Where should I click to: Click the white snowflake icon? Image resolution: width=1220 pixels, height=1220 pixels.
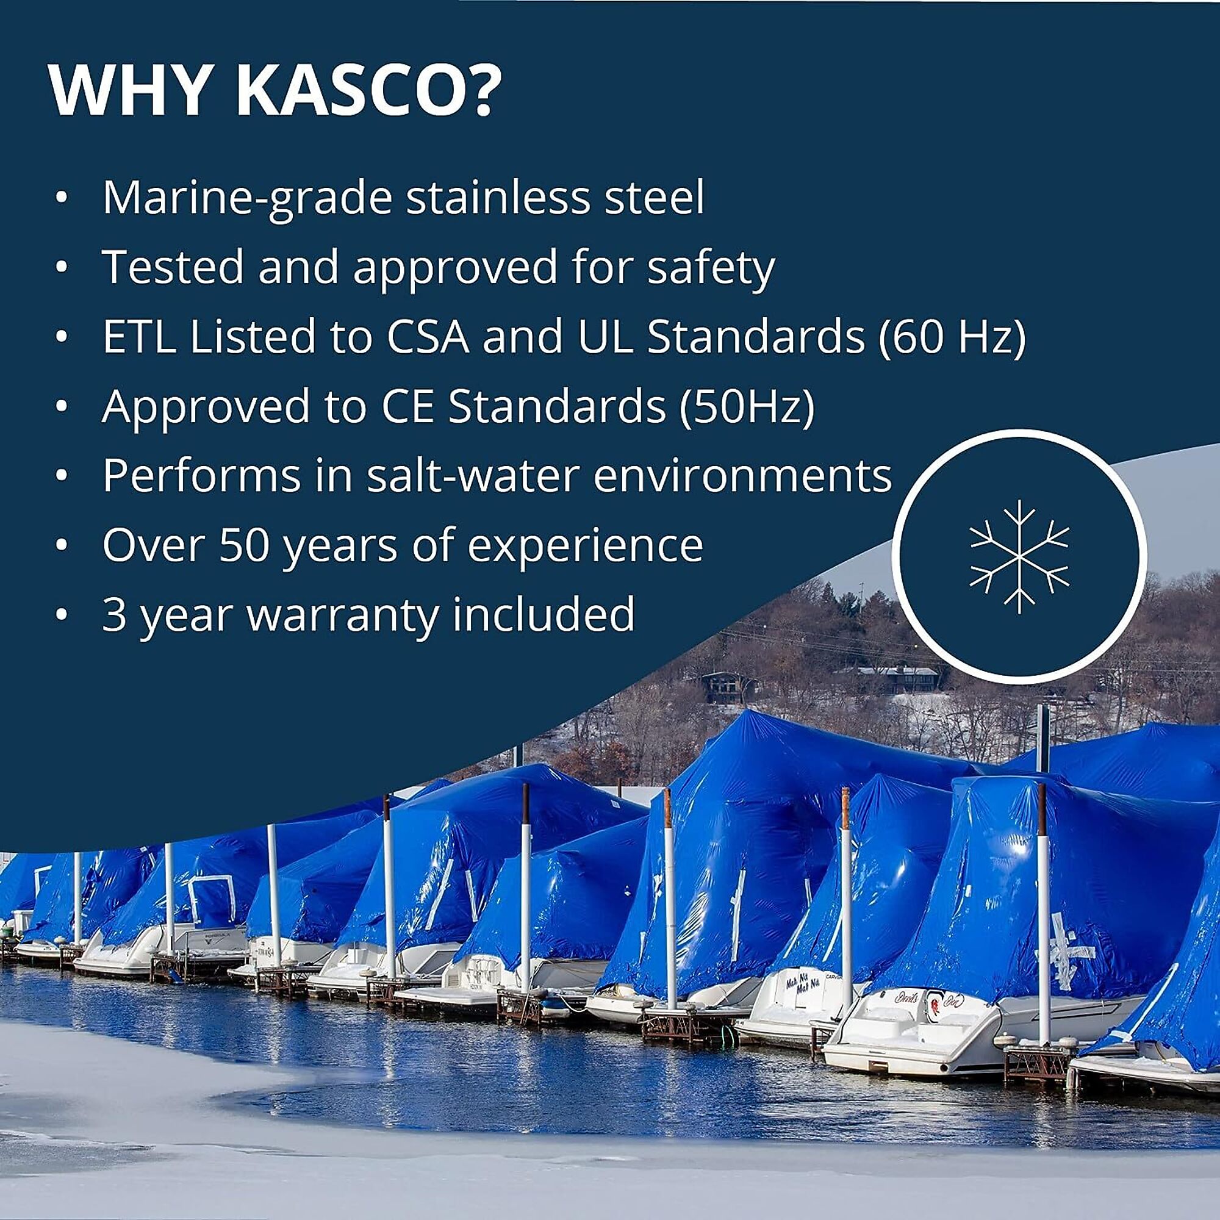click(x=1019, y=556)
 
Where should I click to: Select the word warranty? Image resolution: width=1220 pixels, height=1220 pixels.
click(x=343, y=614)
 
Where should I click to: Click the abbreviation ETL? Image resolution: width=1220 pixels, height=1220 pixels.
click(x=139, y=337)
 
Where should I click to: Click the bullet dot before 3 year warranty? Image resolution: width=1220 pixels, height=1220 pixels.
click(x=61, y=614)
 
